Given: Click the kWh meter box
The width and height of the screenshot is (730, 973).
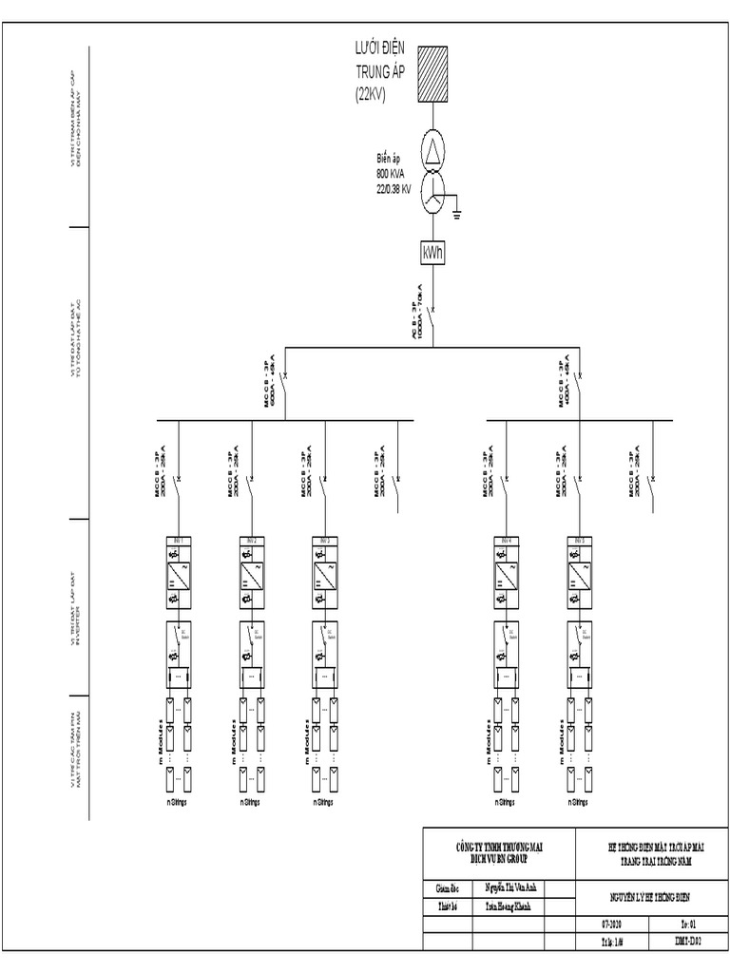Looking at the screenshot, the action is [432, 254].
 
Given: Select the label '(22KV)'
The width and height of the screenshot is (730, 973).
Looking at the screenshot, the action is [371, 93].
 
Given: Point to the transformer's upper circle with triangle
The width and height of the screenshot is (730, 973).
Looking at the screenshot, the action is [432, 151].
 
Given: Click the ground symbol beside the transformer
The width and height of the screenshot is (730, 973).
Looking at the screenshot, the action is [457, 212].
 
